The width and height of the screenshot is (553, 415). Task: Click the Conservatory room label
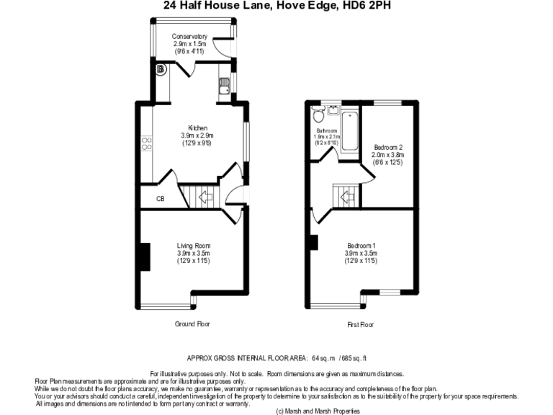(190, 37)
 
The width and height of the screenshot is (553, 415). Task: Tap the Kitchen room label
(197, 128)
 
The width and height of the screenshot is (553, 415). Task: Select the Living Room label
(194, 246)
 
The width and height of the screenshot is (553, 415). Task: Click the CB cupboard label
(161, 199)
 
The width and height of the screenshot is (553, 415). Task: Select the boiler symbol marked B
(160, 70)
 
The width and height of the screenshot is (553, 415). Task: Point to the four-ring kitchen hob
(147, 143)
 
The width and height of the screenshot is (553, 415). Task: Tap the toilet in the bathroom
(318, 115)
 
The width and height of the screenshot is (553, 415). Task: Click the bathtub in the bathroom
(351, 130)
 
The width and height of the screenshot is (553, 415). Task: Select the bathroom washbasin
(333, 110)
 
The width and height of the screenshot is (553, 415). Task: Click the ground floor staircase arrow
(204, 195)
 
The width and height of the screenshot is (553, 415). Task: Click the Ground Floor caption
(192, 324)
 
